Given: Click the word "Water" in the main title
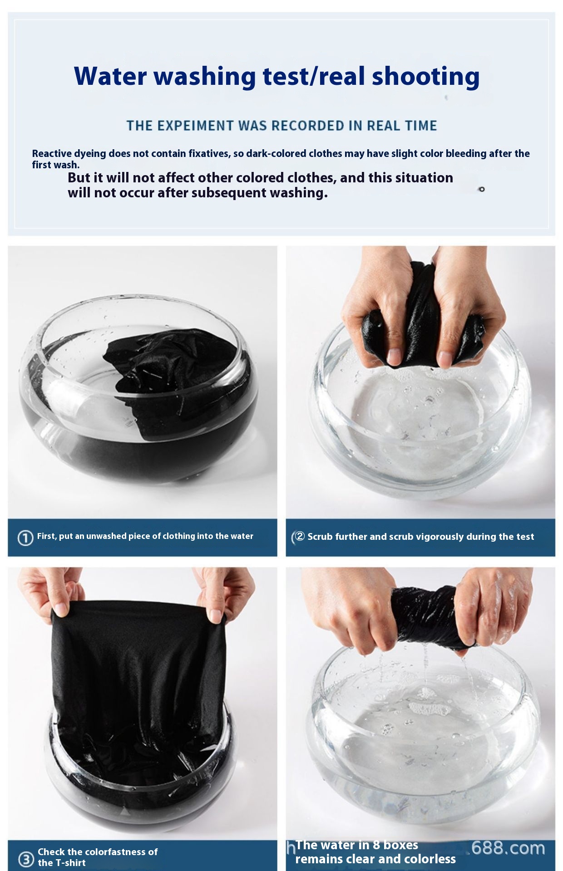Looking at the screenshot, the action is click(110, 76).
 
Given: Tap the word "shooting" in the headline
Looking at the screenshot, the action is click(425, 77).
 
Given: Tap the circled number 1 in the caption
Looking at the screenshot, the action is click(25, 538).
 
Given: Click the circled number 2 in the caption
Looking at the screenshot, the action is click(300, 536).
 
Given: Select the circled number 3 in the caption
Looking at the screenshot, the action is click(26, 859).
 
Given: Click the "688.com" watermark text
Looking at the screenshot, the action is click(508, 848).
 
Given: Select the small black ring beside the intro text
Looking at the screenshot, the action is click(482, 189).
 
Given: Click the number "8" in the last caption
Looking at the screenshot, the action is click(376, 845).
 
